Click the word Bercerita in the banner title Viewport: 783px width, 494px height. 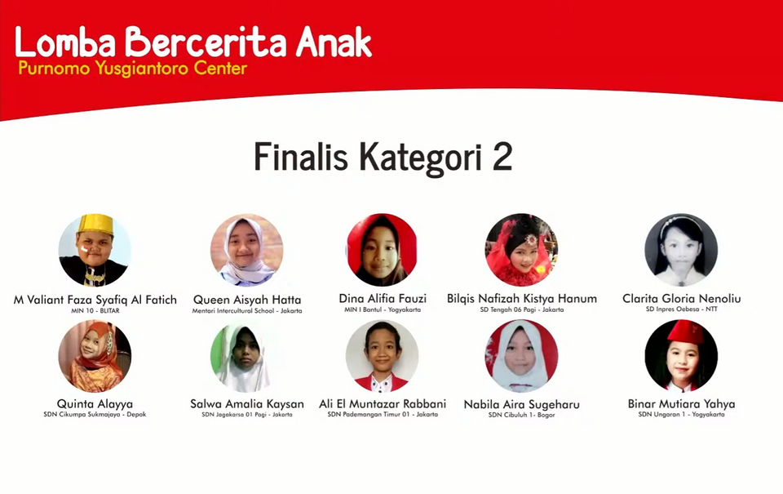pos(206,42)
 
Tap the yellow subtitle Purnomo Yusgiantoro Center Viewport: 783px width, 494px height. pos(133,68)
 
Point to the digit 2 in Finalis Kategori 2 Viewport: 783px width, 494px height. pos(502,157)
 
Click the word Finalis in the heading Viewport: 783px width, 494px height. pos(301,157)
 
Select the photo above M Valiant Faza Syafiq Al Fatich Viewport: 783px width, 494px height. pos(95,250)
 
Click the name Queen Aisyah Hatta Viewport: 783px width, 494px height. pos(247,300)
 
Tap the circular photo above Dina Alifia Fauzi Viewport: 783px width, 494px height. pos(382,250)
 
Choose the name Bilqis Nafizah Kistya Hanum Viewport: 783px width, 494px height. pos(522,299)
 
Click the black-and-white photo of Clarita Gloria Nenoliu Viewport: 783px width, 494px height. pos(681,250)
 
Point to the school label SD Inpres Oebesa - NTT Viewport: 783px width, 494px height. pos(681,309)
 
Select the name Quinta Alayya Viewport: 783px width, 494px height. pos(95,404)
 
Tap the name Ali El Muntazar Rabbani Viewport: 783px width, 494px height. pos(383,403)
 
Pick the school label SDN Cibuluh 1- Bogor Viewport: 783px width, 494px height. pos(522,415)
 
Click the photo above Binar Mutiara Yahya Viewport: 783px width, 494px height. pos(681,356)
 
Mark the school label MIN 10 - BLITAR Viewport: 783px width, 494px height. pos(95,310)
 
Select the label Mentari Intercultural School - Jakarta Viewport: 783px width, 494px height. pos(247,310)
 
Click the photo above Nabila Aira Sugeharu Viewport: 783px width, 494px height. pos(521,356)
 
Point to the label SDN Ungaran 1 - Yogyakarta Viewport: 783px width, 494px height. pos(681,415)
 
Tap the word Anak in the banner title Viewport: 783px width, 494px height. pos(334,42)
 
